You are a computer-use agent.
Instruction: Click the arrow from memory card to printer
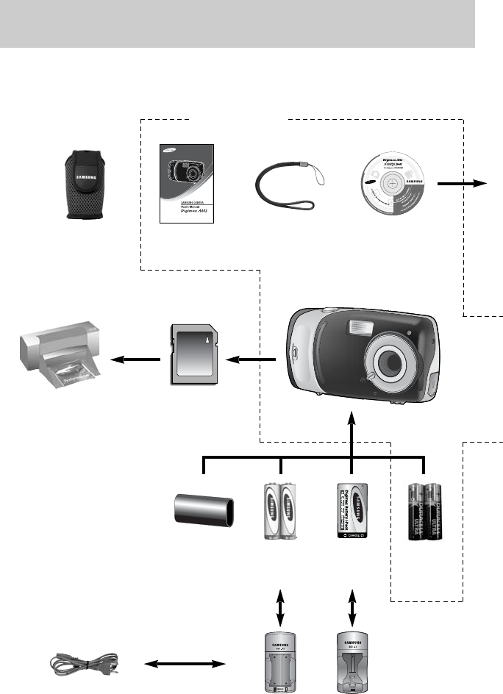point(135,359)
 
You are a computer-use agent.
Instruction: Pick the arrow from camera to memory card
point(252,359)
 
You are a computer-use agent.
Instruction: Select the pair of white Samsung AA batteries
point(280,511)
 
